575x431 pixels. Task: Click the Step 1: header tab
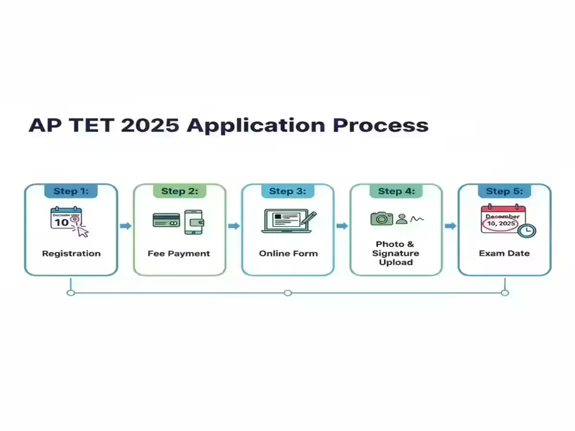pyautogui.click(x=71, y=191)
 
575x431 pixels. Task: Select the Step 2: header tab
pyautogui.click(x=179, y=191)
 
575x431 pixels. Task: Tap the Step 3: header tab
pyautogui.click(x=287, y=191)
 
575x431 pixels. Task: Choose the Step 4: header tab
pyautogui.click(x=396, y=191)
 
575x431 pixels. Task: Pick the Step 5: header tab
pyautogui.click(x=504, y=191)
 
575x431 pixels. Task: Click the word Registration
pyautogui.click(x=71, y=253)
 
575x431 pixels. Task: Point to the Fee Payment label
pyautogui.click(x=179, y=253)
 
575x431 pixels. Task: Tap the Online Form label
pyautogui.click(x=288, y=253)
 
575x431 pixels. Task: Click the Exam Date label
pyautogui.click(x=504, y=253)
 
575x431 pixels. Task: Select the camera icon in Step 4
pyautogui.click(x=381, y=219)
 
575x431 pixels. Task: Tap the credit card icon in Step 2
pyautogui.click(x=166, y=220)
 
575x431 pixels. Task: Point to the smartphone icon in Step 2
pyautogui.click(x=194, y=222)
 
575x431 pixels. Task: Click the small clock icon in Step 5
pyautogui.click(x=527, y=230)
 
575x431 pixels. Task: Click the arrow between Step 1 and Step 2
pyautogui.click(x=126, y=226)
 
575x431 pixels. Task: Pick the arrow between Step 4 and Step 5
pyautogui.click(x=450, y=226)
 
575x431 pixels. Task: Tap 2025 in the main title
pyautogui.click(x=150, y=125)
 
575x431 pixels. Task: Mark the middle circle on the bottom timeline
pyautogui.click(x=287, y=293)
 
